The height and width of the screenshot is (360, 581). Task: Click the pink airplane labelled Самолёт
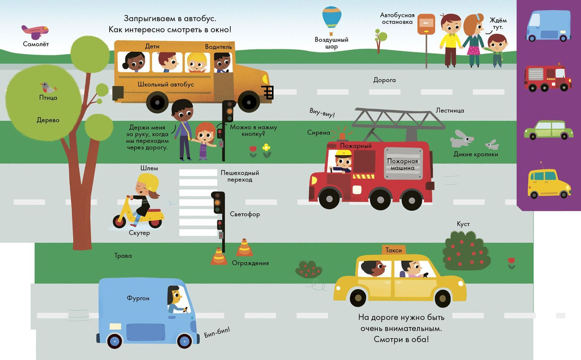[x=34, y=31]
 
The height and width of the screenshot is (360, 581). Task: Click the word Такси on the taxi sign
[x=394, y=250]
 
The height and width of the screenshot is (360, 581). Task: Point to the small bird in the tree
[x=48, y=88]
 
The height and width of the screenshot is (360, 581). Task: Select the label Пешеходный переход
[x=239, y=177]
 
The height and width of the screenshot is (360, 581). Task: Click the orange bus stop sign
[x=426, y=22]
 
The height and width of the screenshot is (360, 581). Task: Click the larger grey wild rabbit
[x=462, y=138]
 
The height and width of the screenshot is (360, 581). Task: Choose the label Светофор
[x=245, y=214]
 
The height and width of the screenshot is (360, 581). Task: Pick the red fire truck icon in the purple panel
[x=547, y=78]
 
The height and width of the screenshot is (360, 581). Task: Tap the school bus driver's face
[x=221, y=60]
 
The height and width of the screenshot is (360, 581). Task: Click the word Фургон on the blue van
[x=138, y=298]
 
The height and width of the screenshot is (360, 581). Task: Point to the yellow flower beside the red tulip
[x=266, y=149]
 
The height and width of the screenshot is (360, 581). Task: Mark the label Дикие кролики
[x=476, y=154]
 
